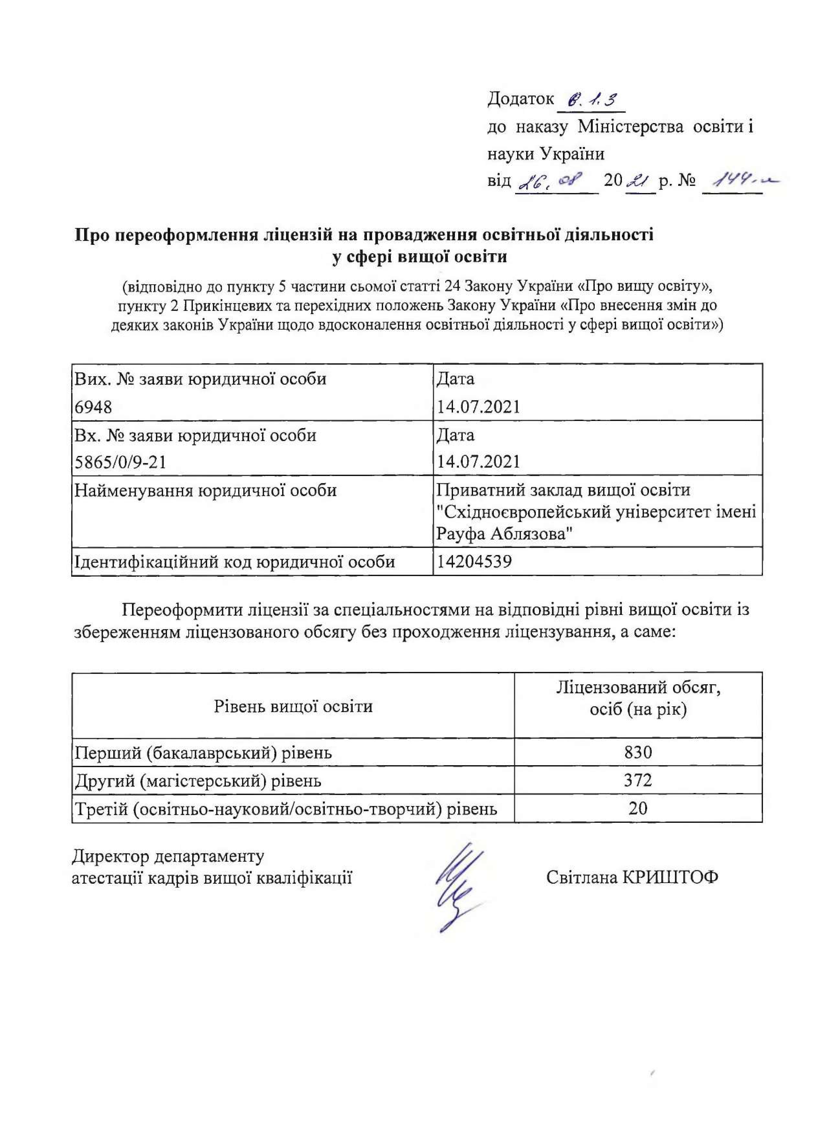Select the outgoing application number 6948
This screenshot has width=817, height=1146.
[x=94, y=407]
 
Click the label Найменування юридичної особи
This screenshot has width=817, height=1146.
[x=205, y=490]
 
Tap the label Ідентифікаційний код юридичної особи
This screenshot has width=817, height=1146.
[x=235, y=562]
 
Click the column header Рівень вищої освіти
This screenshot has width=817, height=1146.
[x=293, y=706]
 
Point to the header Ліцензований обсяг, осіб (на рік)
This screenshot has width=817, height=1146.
[x=638, y=699]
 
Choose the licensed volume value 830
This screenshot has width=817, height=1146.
[x=638, y=752]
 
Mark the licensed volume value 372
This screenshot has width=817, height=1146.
[x=638, y=780]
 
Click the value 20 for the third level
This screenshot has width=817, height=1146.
[x=638, y=808]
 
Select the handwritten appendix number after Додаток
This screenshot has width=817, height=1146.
[x=591, y=100]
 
